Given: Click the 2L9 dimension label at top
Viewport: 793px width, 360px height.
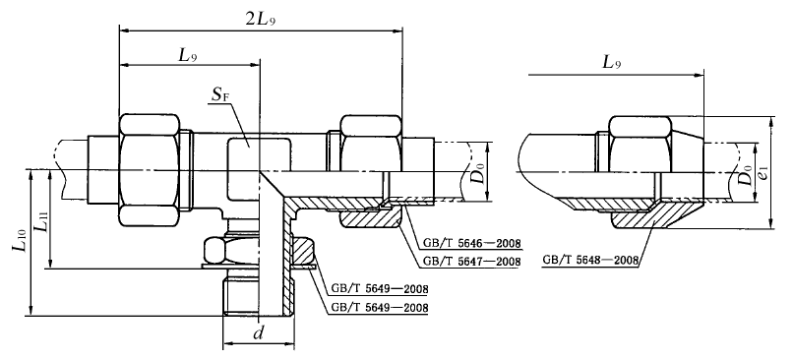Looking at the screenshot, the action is pyautogui.click(x=261, y=20).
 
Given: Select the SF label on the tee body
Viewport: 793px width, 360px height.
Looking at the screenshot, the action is pyautogui.click(x=220, y=95).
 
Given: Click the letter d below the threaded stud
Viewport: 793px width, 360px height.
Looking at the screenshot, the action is pyautogui.click(x=259, y=334).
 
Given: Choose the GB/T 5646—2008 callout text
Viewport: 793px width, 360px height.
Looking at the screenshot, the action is pyautogui.click(x=472, y=244).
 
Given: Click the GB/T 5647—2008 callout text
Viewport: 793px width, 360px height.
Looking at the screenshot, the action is pyautogui.click(x=472, y=262).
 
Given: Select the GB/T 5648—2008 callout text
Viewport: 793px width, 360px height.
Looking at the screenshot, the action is pyautogui.click(x=590, y=261).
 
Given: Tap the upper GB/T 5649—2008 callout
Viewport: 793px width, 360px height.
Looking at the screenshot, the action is pyautogui.click(x=380, y=290).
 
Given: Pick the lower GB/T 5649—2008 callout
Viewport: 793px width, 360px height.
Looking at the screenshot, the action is pyautogui.click(x=380, y=308).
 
